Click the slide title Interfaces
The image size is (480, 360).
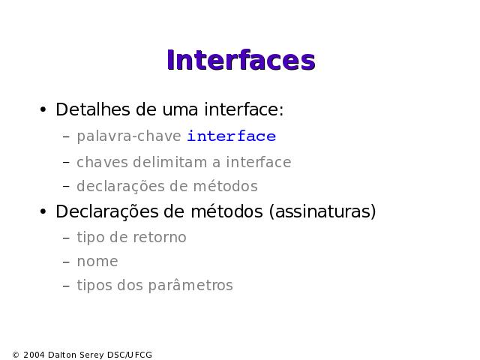click(241, 60)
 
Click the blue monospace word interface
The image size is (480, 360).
click(232, 136)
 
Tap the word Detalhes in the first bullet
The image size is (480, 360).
click(93, 109)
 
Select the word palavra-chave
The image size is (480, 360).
click(129, 136)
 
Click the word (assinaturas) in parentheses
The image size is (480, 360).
click(322, 211)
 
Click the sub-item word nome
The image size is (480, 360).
click(97, 262)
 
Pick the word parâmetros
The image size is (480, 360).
click(190, 285)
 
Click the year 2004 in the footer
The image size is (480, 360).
click(34, 355)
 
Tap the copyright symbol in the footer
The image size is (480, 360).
click(16, 355)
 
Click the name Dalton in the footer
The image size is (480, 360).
click(62, 355)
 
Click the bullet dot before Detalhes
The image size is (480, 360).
click(43, 109)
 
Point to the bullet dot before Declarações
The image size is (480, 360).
click(43, 211)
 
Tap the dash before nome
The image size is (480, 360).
click(66, 262)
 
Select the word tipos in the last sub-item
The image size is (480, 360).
click(94, 285)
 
